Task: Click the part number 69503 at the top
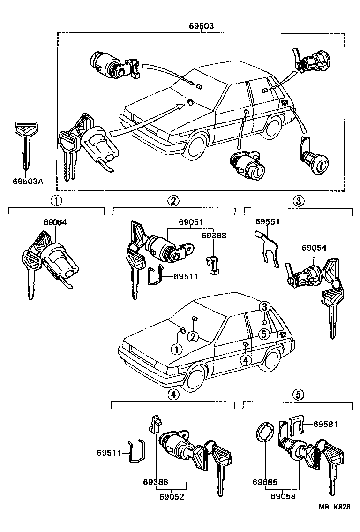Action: coord(201,26)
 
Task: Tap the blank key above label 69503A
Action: coord(24,145)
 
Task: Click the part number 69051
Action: coord(191,222)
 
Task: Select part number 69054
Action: coord(314,248)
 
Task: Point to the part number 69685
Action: coord(265,482)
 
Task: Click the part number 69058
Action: coord(284,496)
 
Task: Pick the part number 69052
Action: coord(171,496)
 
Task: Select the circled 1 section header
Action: coord(56,201)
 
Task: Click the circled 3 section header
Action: coord(299,201)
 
